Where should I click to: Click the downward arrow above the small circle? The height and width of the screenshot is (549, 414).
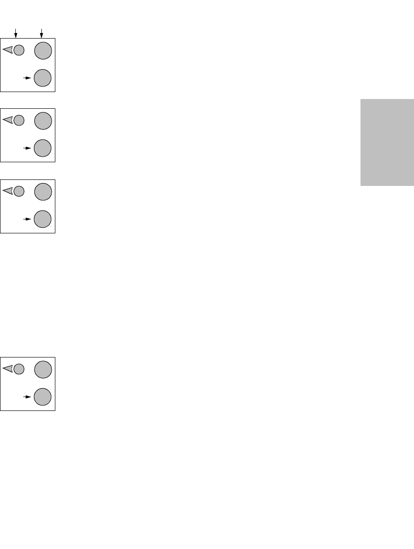(x=16, y=33)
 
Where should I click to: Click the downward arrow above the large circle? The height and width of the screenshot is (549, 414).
(x=42, y=33)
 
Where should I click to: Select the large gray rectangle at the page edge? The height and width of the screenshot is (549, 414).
(x=387, y=142)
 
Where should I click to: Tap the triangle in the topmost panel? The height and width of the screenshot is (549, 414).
(x=8, y=50)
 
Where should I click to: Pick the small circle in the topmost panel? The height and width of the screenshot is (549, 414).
(x=19, y=50)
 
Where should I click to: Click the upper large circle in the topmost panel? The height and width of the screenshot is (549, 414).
(x=43, y=50)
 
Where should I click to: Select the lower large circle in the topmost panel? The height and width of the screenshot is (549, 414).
(x=43, y=78)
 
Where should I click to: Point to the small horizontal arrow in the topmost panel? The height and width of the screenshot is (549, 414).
(x=27, y=78)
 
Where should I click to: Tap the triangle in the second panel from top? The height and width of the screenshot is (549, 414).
(x=8, y=120)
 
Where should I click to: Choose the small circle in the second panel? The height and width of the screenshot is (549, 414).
(x=19, y=120)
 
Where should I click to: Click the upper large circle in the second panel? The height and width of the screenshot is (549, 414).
(x=43, y=120)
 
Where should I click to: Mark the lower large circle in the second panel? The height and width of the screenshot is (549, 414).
(x=43, y=148)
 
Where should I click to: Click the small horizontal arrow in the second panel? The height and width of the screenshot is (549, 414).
(x=27, y=148)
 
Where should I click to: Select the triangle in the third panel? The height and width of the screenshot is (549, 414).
(x=8, y=191)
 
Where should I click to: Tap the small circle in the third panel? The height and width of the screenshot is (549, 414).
(x=19, y=191)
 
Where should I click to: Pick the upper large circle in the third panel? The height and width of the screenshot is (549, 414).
(x=43, y=191)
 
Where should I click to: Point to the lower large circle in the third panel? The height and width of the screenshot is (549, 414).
(x=43, y=219)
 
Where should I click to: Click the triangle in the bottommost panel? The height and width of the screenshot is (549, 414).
(x=8, y=369)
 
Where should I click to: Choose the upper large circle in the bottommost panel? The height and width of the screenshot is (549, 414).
(x=43, y=369)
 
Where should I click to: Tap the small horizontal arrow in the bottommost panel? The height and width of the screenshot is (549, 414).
(x=27, y=397)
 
